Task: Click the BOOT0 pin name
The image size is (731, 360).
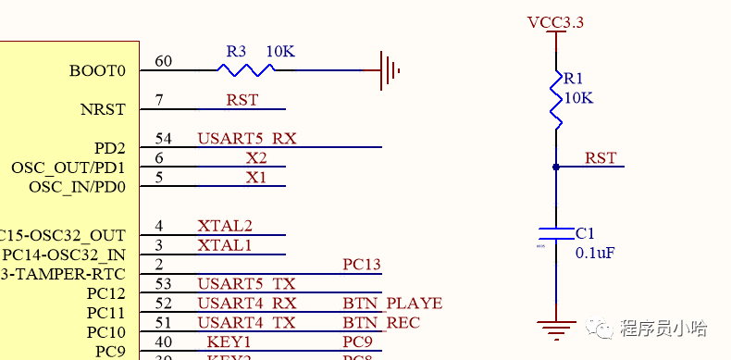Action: pyautogui.click(x=97, y=70)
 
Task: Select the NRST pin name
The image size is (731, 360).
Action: pyautogui.click(x=103, y=109)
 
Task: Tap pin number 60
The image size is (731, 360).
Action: pyautogui.click(x=163, y=61)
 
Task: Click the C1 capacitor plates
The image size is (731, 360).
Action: pyautogui.click(x=556, y=231)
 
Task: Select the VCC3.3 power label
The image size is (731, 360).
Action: pyautogui.click(x=555, y=22)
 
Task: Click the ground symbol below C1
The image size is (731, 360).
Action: pyautogui.click(x=556, y=329)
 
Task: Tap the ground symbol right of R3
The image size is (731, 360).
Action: pyautogui.click(x=390, y=70)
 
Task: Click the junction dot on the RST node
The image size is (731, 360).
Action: pyautogui.click(x=556, y=167)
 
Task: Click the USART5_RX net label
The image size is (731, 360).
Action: pyautogui.click(x=246, y=139)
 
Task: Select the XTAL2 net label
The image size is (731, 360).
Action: pyautogui.click(x=224, y=226)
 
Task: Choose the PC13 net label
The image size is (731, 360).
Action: pyautogui.click(x=361, y=265)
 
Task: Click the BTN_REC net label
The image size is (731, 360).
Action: pyautogui.click(x=381, y=322)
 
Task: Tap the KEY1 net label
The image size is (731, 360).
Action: pyautogui.click(x=229, y=341)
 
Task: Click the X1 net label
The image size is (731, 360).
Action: pyautogui.click(x=255, y=177)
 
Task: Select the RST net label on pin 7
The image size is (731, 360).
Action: pyautogui.click(x=242, y=100)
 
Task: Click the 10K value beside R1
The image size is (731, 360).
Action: pyautogui.click(x=578, y=97)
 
